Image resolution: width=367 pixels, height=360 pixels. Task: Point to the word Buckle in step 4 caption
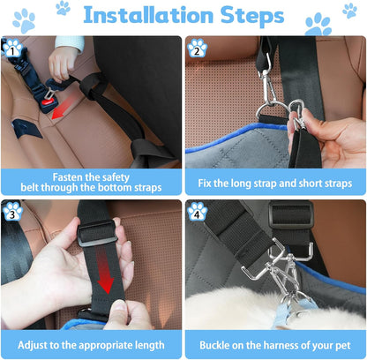click(221, 344)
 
